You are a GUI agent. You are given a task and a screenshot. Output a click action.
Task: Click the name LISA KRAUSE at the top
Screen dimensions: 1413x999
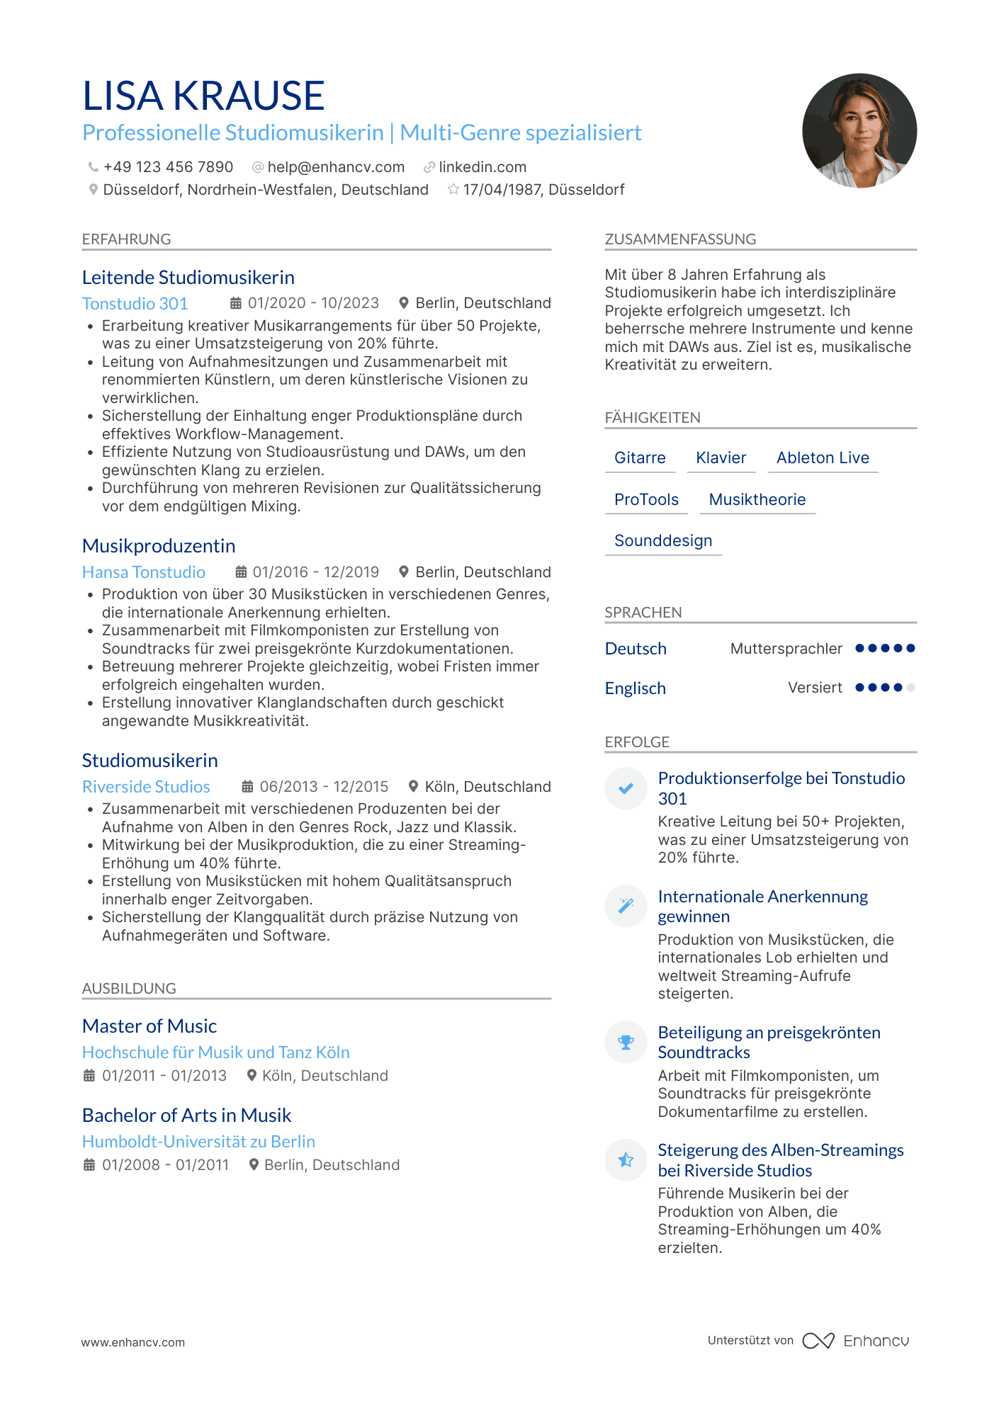[203, 96]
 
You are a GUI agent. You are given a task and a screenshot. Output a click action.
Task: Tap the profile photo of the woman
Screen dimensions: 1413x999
[859, 131]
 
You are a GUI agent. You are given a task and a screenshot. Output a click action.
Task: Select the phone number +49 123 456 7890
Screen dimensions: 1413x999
[168, 167]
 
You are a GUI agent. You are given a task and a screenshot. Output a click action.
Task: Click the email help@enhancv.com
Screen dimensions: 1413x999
[336, 167]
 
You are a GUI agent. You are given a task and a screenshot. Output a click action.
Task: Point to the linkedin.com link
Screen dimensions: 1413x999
[482, 167]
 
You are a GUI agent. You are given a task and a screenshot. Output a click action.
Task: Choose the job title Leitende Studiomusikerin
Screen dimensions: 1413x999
[188, 278]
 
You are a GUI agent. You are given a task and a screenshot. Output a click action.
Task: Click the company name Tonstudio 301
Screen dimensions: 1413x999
[135, 304]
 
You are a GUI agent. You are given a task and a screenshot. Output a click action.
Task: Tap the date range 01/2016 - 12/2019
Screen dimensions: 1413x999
[315, 572]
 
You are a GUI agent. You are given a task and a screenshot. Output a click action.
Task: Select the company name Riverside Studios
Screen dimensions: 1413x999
[146, 787]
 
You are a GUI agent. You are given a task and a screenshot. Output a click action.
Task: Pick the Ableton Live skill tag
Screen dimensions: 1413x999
[823, 458]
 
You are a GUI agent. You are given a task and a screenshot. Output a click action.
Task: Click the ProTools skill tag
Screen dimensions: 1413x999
[646, 500]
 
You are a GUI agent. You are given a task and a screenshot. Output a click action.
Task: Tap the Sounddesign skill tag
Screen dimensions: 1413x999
[663, 541]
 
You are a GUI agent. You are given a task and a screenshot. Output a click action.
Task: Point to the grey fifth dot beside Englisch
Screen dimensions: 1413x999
[910, 688]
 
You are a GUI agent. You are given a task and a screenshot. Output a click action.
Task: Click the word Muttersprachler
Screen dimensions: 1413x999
[786, 649]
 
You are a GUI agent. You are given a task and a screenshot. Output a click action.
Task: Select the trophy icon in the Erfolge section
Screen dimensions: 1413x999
[626, 1043]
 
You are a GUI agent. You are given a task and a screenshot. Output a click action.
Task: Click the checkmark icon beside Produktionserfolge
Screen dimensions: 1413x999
[626, 788]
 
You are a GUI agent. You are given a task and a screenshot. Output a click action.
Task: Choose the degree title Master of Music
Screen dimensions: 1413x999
[149, 1026]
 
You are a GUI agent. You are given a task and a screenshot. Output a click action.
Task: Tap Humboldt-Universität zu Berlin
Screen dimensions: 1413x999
[198, 1142]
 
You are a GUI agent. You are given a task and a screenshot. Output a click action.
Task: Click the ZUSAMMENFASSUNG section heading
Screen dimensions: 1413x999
[680, 239]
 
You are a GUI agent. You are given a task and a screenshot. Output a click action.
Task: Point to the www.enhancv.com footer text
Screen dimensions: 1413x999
[133, 1342]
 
